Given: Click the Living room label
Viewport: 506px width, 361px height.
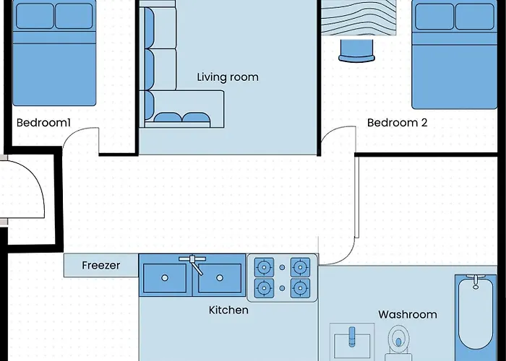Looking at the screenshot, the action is [x=228, y=77].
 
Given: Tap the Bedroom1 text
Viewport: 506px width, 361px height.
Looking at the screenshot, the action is [x=43, y=123].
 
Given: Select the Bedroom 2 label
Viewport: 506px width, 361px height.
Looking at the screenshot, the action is [x=398, y=123].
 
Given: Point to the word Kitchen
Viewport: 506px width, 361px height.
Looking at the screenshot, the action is [x=228, y=310].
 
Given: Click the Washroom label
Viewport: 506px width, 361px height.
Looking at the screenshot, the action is [x=408, y=314].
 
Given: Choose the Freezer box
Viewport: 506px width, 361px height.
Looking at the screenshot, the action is [x=101, y=265].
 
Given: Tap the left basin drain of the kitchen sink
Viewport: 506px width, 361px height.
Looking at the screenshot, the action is [x=165, y=278].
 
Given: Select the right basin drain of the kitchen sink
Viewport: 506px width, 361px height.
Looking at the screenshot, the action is [x=220, y=278].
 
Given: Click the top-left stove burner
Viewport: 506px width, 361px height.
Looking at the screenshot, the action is [x=265, y=267].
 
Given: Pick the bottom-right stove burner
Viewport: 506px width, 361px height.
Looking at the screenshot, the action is [x=300, y=288].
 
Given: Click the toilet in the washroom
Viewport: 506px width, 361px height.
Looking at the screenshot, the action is [x=398, y=343].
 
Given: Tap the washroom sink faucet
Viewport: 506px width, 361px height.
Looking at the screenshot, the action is [x=352, y=336].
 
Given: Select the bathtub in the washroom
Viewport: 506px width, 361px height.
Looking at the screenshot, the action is [x=476, y=318].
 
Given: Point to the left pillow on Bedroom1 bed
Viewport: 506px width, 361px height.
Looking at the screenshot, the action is [x=35, y=16].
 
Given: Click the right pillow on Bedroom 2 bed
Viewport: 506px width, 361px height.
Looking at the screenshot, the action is [x=474, y=17].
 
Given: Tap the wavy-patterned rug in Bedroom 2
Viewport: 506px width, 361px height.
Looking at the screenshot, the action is [x=359, y=17].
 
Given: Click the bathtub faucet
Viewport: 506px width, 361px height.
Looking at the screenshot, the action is [x=476, y=282].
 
